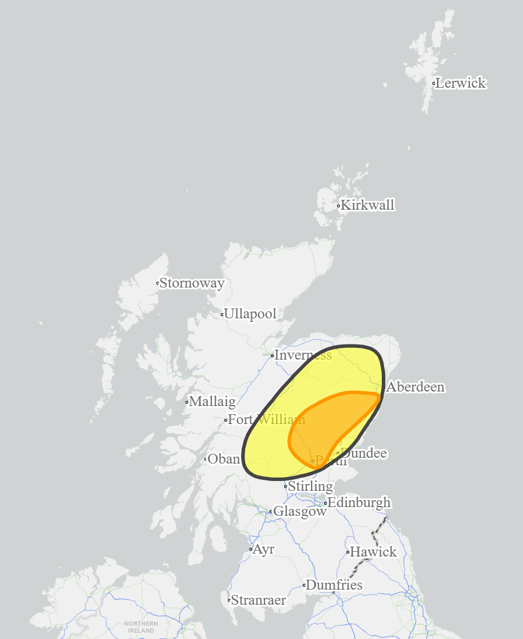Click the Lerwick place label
(x=461, y=83)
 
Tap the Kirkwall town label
(x=367, y=205)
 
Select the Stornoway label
(x=192, y=283)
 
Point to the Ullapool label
(x=250, y=314)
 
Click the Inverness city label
(x=303, y=355)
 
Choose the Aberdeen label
(x=415, y=387)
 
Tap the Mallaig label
(x=212, y=401)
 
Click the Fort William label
(x=266, y=419)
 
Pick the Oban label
(x=223, y=459)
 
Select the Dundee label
(x=364, y=453)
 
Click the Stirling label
(x=310, y=486)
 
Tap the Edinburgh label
(x=359, y=502)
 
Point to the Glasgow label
(x=300, y=512)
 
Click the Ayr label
(x=263, y=549)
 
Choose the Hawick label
(x=373, y=552)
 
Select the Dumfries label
(x=334, y=585)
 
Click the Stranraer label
(x=259, y=600)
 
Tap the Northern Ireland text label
(x=141, y=627)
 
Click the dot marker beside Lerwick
(x=434, y=84)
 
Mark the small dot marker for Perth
(x=313, y=461)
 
